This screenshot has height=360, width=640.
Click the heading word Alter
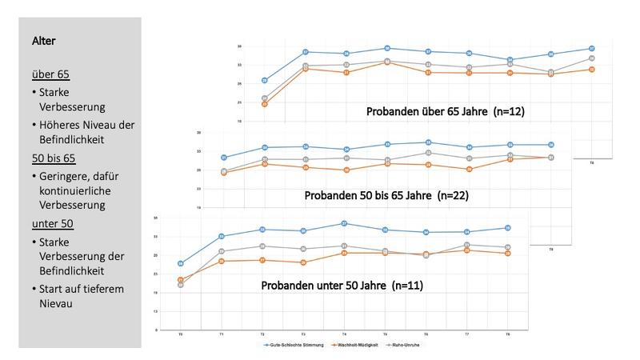(x=44, y=39)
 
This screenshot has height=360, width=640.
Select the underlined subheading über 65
(x=50, y=74)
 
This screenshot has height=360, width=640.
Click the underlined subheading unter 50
(x=54, y=223)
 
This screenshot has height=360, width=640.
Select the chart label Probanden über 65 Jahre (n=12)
(x=445, y=110)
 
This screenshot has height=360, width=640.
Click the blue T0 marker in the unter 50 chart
(x=181, y=263)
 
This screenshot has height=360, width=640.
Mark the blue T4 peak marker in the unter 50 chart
(x=344, y=223)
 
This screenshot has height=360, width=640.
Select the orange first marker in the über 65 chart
(x=265, y=104)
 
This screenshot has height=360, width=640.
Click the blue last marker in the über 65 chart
(x=591, y=49)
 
